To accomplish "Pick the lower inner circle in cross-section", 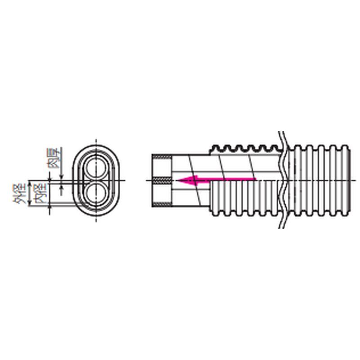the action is pyautogui.click(x=96, y=193).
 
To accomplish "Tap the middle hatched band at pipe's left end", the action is pyautogui.click(x=162, y=180).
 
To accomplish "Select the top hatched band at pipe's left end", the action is pyautogui.click(x=162, y=156).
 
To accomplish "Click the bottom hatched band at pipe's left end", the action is pyautogui.click(x=162, y=204).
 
